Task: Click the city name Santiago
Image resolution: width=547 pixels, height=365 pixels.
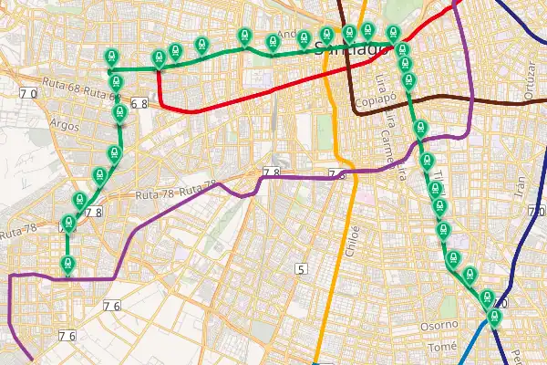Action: point(349,50)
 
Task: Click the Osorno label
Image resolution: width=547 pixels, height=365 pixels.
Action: point(438,326)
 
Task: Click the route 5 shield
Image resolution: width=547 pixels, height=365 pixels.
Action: point(301,268)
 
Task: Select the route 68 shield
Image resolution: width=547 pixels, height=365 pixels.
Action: point(139,104)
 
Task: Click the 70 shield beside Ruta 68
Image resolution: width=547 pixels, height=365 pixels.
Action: point(27,94)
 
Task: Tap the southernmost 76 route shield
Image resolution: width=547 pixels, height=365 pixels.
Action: point(67,336)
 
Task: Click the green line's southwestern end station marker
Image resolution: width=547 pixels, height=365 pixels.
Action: point(67,264)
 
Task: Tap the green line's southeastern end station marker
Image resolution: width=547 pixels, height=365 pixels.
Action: point(494,317)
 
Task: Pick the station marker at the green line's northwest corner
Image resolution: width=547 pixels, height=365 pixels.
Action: point(111,56)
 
